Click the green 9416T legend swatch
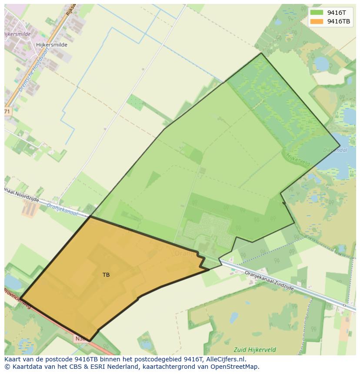click(317, 13)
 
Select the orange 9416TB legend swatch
click(317, 21)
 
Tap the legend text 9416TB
click(339, 21)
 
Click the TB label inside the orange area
click(106, 275)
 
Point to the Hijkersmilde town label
click(52, 45)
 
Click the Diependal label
click(335, 150)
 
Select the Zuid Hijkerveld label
click(254, 350)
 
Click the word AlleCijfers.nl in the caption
click(226, 359)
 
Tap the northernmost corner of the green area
click(261, 53)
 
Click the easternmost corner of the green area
click(340, 146)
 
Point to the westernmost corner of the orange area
click(20, 298)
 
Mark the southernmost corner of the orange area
click(89, 341)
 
